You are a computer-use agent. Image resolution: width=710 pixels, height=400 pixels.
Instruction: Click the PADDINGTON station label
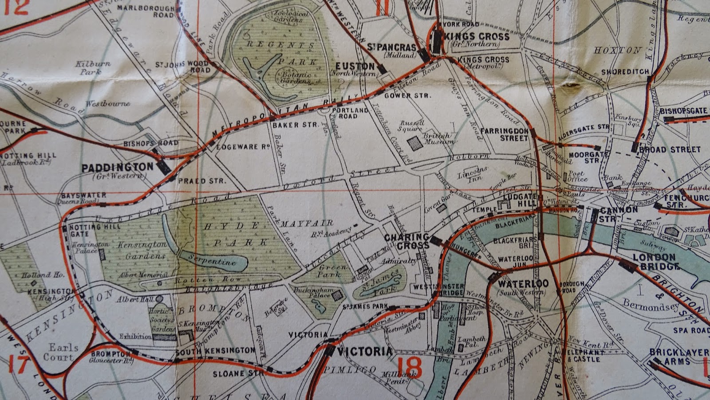click(117, 168)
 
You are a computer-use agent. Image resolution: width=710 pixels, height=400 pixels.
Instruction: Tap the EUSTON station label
click(359, 66)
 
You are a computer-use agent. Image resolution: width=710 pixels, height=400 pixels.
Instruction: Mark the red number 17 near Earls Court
click(19, 365)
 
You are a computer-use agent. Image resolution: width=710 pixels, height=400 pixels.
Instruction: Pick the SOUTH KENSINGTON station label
click(215, 350)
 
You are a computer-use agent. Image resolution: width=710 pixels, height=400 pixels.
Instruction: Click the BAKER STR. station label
click(289, 125)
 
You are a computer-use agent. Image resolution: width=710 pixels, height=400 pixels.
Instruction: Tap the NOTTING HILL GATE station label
click(89, 230)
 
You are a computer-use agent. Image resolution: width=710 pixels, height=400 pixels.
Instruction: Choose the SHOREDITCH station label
click(625, 72)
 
